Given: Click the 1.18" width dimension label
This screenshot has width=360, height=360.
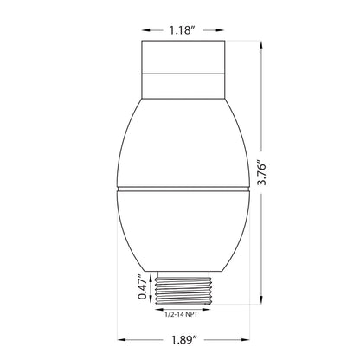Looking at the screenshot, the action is [182, 30].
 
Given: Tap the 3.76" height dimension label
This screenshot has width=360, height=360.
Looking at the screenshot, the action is [262, 171].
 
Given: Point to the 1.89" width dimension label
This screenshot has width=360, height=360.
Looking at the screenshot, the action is [184, 340].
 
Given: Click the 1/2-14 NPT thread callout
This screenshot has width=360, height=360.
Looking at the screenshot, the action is [181, 314].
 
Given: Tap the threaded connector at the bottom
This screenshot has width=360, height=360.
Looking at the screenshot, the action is [183, 291].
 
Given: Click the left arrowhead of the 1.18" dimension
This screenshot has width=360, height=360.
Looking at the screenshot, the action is [145, 30].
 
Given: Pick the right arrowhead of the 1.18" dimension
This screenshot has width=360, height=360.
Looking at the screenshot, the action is [220, 30].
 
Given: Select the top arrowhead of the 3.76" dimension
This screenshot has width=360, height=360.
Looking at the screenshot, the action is [261, 45].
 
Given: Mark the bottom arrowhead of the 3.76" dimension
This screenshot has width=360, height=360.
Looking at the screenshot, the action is [261, 299].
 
